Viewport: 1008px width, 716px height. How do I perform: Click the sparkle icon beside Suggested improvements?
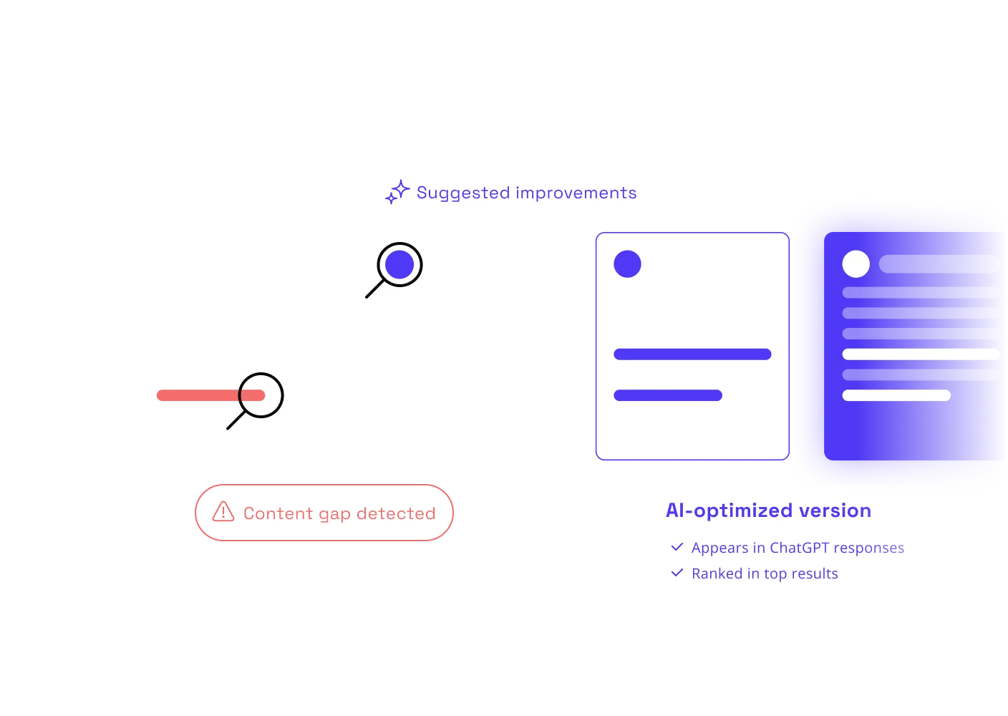click(x=397, y=192)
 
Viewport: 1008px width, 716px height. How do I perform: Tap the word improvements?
click(x=576, y=193)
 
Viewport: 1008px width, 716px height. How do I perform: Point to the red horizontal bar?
click(x=210, y=395)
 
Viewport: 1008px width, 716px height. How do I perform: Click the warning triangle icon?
click(x=223, y=512)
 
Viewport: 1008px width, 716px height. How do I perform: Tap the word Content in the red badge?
click(x=278, y=513)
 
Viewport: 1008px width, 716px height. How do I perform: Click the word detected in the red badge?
click(x=396, y=513)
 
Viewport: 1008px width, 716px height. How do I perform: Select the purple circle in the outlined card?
click(x=627, y=263)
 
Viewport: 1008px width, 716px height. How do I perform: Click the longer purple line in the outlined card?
click(x=692, y=354)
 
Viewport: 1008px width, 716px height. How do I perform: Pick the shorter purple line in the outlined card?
click(x=668, y=395)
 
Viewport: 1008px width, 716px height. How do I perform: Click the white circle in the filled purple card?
click(x=856, y=263)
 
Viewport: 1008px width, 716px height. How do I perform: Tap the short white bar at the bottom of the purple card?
click(x=896, y=395)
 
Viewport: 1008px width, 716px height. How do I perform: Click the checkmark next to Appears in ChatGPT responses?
click(x=677, y=547)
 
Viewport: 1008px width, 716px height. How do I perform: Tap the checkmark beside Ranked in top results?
click(x=677, y=572)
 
